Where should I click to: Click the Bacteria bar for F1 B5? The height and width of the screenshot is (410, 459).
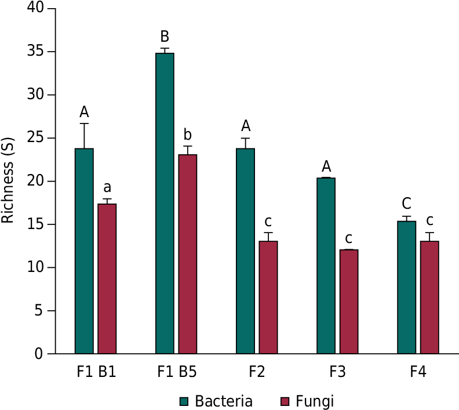click(x=165, y=203)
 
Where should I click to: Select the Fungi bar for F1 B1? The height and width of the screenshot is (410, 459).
click(x=107, y=278)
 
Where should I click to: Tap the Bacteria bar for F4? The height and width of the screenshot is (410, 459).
click(x=407, y=287)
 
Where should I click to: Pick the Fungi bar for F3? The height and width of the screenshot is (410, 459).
click(x=349, y=301)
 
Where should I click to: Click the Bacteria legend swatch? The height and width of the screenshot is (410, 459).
click(x=185, y=401)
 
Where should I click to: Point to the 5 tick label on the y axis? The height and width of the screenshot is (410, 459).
click(x=39, y=311)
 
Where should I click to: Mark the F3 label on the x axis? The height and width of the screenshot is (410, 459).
click(x=337, y=372)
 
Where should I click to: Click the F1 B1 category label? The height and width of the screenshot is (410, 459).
click(x=97, y=372)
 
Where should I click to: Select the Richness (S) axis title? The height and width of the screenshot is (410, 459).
click(x=8, y=180)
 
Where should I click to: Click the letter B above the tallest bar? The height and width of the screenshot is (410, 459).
click(x=165, y=37)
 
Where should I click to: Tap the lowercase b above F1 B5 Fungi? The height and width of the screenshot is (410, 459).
click(x=188, y=136)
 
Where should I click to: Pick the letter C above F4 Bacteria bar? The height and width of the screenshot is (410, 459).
click(x=407, y=204)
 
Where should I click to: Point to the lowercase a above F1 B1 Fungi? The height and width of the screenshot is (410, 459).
click(x=107, y=188)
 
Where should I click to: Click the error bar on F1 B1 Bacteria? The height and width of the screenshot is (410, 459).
click(x=85, y=136)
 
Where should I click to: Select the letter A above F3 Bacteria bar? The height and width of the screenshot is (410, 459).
click(x=326, y=167)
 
